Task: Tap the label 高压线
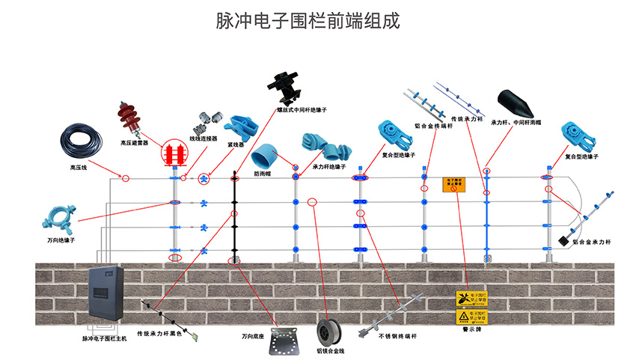79,168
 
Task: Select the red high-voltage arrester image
132,120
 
